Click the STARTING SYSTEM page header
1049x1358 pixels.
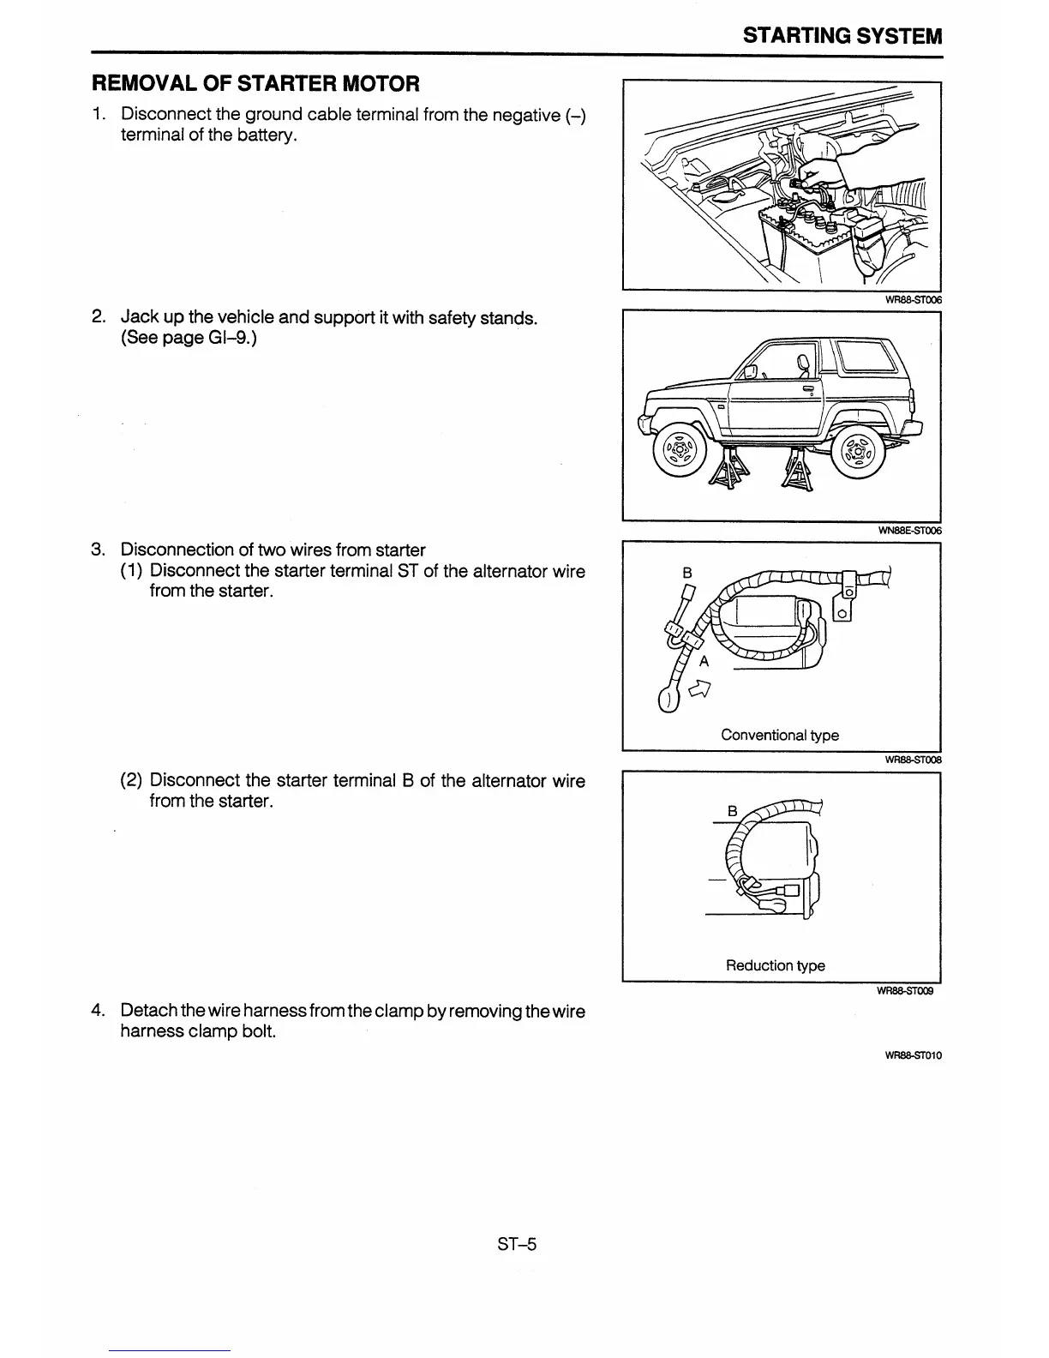coord(842,36)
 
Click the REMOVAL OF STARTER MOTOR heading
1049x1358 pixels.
coord(255,84)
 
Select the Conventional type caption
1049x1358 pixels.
coord(780,735)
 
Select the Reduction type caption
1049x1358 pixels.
coord(775,965)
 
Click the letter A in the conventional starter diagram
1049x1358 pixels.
coord(704,661)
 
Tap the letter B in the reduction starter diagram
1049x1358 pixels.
coord(731,810)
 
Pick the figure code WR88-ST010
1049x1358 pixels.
coord(913,1055)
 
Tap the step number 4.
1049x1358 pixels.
coord(98,1011)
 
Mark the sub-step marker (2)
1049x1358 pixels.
coord(131,781)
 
